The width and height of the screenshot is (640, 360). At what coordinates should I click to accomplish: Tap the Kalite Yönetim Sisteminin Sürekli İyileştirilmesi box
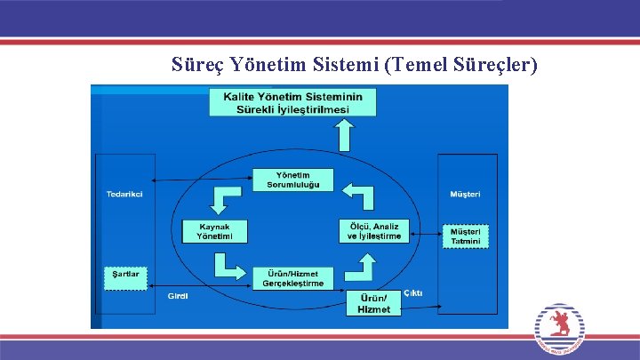pos(292,102)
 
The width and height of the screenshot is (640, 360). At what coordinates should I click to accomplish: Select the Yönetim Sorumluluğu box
pos(292,180)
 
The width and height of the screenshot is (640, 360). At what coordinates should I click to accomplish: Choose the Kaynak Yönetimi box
pos(214,232)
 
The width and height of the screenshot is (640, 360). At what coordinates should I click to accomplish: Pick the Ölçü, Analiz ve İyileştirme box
pos(374,231)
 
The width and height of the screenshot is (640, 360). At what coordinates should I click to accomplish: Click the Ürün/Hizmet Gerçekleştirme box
pos(292,278)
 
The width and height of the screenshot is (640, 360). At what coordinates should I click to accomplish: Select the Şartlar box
pos(125,275)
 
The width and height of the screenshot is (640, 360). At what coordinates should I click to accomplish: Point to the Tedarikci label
pos(124,194)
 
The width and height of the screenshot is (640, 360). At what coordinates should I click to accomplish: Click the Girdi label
pos(178,296)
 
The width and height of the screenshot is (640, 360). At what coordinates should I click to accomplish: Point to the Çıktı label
pos(413,293)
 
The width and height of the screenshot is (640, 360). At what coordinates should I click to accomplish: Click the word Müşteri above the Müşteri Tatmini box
pos(465,194)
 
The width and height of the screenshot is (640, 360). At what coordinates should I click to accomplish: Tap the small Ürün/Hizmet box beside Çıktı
pos(373,303)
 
